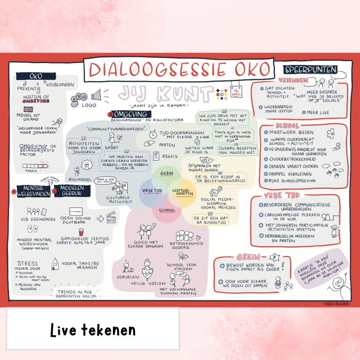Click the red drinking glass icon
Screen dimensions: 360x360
coord(81,232)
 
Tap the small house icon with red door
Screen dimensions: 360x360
coord(55,264)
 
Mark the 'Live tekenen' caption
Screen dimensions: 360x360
coord(93,330)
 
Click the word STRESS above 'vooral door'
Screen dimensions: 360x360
coord(27,263)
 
